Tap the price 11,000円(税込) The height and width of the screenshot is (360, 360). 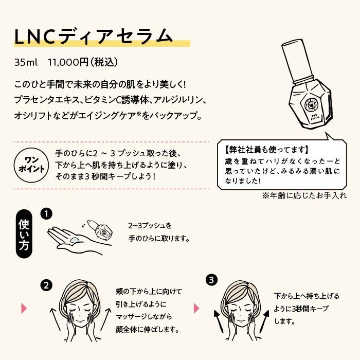pos(83,62)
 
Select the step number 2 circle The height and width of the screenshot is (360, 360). pos(46,284)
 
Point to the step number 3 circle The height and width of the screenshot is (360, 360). pos(211,280)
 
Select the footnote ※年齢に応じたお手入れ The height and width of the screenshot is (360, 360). pos(304,195)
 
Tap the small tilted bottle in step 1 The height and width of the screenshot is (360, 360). pos(100,228)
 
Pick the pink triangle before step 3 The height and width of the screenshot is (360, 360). pos(196,308)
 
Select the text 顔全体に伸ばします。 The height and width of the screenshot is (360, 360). pos(148,329)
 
